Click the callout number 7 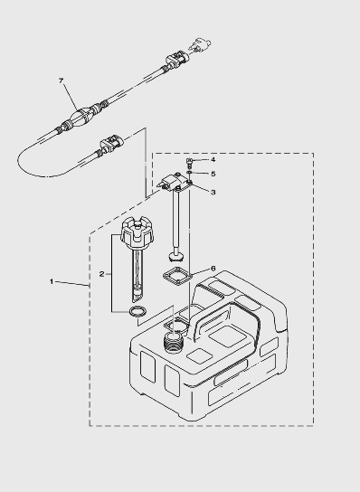tap(61, 81)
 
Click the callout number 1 tap(52, 281)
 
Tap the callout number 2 tap(101, 274)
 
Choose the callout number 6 tap(213, 269)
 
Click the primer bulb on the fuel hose tap(81, 116)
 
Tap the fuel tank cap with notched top tap(137, 232)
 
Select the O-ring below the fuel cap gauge tap(137, 312)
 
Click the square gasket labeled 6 tap(177, 276)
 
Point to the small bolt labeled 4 tap(189, 162)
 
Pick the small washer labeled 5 tap(189, 172)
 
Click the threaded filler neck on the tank tap(173, 344)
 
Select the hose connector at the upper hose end tap(176, 60)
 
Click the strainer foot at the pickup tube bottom tap(175, 257)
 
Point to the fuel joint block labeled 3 tap(175, 183)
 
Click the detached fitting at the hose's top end tap(200, 44)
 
